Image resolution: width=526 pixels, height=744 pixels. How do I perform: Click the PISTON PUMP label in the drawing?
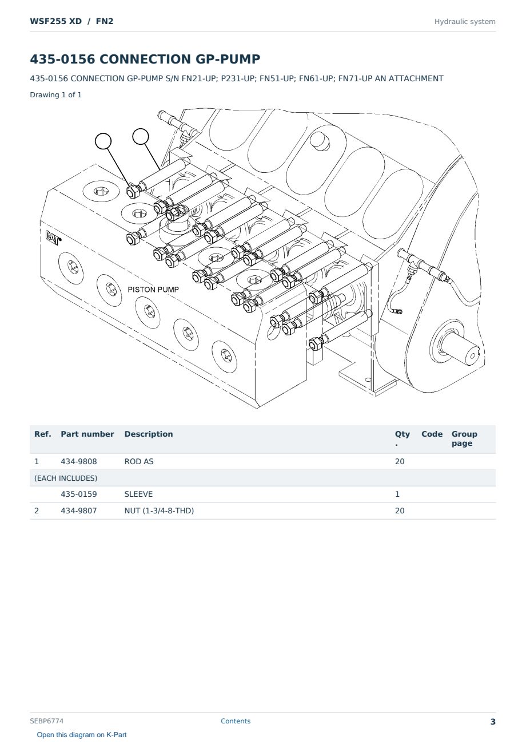click(153, 290)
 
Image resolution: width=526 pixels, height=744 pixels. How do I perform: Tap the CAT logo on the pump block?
click(53, 238)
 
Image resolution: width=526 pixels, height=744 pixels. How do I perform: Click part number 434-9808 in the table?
click(79, 461)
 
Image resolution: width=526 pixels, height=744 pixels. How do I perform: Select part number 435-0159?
click(79, 494)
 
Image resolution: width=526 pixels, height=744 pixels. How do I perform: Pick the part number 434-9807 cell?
click(79, 510)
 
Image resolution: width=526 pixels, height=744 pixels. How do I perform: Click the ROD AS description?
click(139, 461)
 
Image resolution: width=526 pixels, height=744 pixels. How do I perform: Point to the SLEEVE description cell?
click(138, 494)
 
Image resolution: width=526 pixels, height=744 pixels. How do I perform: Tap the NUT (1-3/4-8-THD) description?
click(159, 510)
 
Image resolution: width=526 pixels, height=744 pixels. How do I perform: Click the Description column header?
click(148, 434)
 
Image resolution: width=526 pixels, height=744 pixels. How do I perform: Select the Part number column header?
click(87, 434)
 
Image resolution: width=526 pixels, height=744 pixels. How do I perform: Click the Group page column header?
click(464, 438)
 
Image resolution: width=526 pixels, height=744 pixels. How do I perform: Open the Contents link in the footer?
click(236, 721)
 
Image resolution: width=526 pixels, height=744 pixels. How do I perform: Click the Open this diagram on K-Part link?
click(82, 735)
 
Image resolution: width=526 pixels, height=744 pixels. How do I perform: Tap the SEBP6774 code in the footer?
click(46, 721)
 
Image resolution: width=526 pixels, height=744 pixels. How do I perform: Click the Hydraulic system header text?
click(465, 22)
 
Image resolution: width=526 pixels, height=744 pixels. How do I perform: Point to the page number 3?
click(493, 722)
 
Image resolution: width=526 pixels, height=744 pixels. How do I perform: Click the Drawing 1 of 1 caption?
click(56, 94)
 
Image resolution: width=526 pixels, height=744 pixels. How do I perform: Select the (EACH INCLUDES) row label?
click(66, 478)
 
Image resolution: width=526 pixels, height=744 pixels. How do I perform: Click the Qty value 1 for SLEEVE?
click(397, 494)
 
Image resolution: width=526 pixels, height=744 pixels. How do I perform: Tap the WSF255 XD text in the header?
click(56, 21)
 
